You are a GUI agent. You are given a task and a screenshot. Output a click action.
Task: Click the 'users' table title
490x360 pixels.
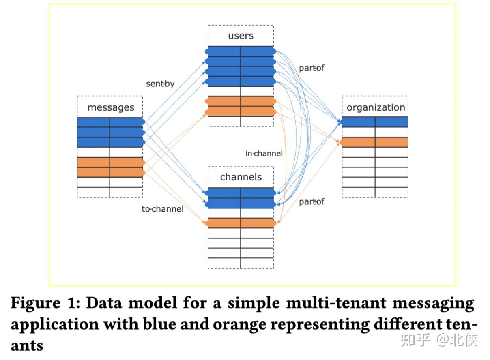(241, 36)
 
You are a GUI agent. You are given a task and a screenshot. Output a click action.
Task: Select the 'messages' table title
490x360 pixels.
(110, 107)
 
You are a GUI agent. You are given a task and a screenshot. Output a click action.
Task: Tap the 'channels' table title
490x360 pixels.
(241, 177)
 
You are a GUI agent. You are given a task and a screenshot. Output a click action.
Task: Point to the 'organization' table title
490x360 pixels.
(375, 107)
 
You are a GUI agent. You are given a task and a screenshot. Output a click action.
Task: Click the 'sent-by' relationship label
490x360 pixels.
(160, 84)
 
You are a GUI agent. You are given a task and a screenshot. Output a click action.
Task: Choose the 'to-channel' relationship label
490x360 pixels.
(162, 209)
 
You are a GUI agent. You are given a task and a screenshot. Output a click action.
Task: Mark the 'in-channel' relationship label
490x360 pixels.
(264, 154)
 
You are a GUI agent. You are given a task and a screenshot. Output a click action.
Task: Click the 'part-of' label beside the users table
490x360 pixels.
(312, 68)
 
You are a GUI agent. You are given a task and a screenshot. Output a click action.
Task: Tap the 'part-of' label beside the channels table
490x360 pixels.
(312, 201)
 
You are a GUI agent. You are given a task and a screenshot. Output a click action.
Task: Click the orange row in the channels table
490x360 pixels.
(241, 223)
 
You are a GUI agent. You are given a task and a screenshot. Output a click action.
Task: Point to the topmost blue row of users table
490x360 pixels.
(241, 51)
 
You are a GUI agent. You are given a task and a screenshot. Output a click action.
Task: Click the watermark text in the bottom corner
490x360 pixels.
(440, 340)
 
